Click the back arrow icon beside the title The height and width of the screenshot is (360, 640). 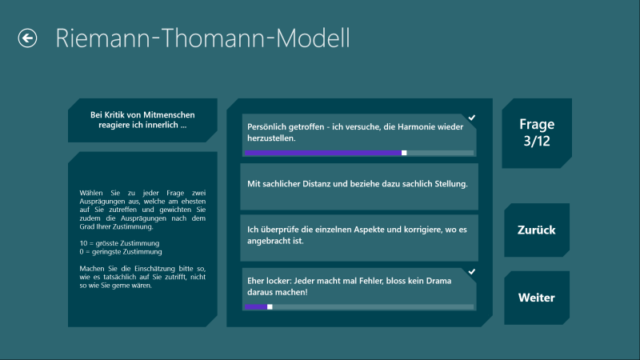click(27, 38)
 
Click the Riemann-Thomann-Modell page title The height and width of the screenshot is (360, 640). click(202, 38)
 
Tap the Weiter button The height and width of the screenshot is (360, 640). click(536, 298)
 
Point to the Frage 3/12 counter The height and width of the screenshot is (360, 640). click(537, 133)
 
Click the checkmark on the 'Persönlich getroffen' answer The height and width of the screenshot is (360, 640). click(472, 118)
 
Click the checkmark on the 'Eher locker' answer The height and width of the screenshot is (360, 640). click(472, 271)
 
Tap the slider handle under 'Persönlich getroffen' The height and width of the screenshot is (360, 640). click(404, 153)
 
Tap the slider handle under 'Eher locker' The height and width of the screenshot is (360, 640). click(270, 306)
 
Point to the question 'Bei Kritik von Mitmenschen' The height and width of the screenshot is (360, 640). click(142, 120)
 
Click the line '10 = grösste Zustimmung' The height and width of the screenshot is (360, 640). click(119, 243)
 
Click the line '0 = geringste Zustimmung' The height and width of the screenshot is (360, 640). click(121, 252)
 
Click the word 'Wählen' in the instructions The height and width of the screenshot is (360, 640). click(91, 193)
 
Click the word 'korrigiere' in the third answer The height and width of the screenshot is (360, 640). click(423, 230)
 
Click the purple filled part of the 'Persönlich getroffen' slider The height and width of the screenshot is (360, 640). click(323, 153)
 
